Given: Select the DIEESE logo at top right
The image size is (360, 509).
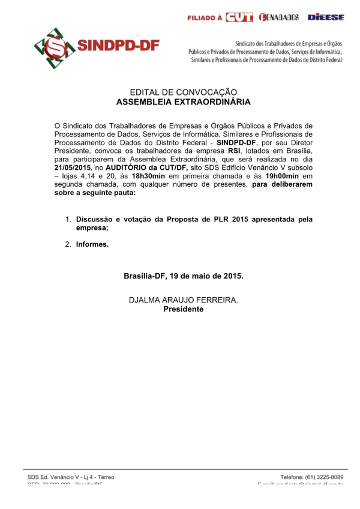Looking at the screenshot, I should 326,17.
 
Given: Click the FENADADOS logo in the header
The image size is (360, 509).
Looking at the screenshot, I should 279,17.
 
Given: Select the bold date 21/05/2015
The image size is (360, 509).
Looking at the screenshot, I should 74,169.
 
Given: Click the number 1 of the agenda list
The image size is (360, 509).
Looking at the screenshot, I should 68,220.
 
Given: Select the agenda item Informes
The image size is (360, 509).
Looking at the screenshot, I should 92,244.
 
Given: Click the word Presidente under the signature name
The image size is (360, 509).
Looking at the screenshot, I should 184,309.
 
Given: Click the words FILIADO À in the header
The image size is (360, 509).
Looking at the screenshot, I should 205,18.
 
